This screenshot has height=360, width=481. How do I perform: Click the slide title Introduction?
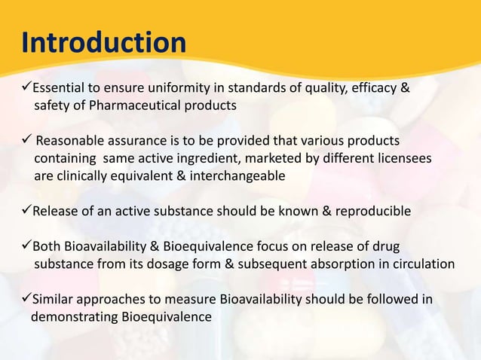pos(104,42)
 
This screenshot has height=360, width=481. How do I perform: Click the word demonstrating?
pos(74,316)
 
